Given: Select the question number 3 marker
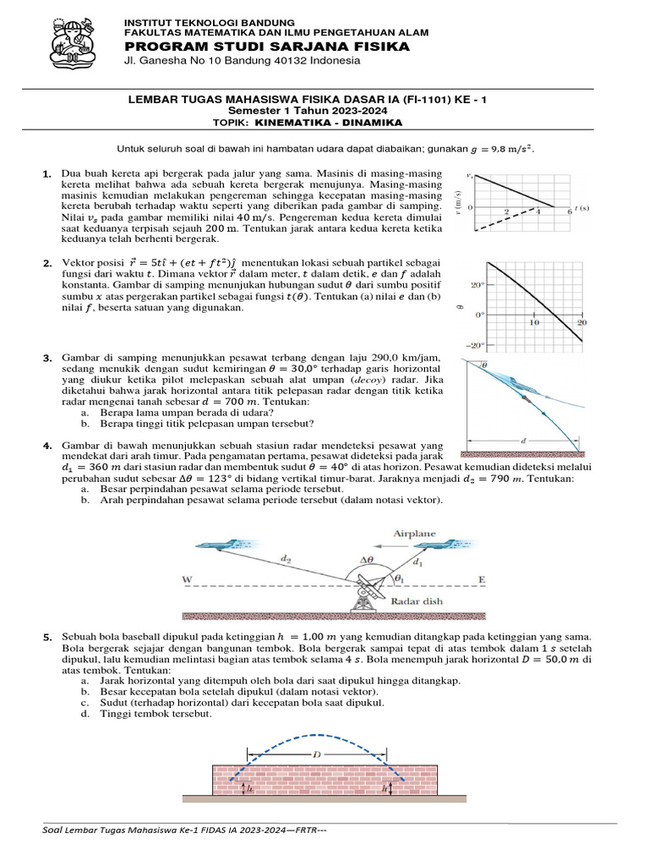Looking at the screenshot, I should point(47,360).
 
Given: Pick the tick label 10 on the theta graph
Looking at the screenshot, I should point(534,323).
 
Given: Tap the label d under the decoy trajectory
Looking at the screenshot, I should point(523,440).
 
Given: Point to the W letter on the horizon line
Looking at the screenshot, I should point(188,580).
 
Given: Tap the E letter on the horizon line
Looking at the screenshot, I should point(483,580).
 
